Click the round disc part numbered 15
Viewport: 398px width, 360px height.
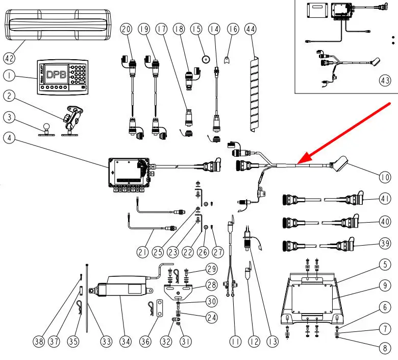click(206, 59)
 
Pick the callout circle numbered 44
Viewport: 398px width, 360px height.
click(250, 30)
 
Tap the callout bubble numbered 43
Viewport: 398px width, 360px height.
click(386, 80)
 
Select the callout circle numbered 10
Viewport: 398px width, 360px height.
click(384, 177)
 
